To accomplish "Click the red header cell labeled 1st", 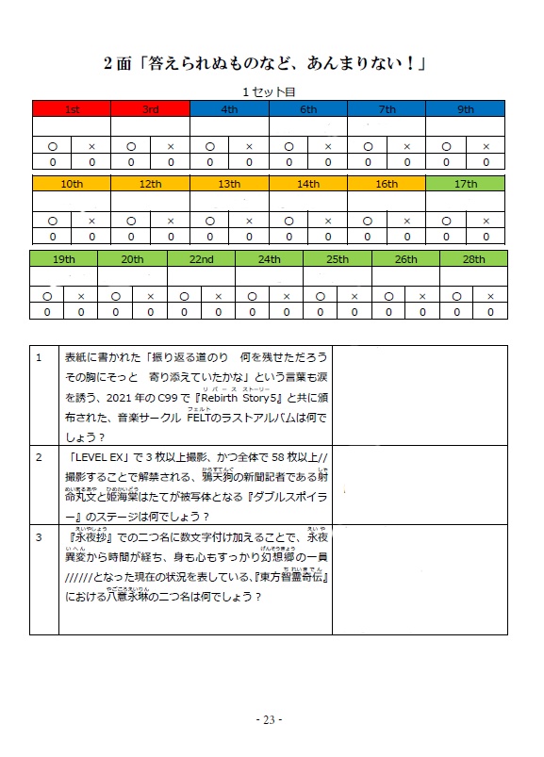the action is tap(72, 109).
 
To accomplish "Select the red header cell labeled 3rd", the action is tap(150, 109).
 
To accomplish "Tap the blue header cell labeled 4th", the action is tap(229, 109).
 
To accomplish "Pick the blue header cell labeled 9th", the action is tap(466, 109).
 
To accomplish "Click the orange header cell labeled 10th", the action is tap(72, 185).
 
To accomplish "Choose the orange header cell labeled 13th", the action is tap(229, 185).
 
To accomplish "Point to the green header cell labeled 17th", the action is tap(466, 185).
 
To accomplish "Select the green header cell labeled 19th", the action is tap(64, 259).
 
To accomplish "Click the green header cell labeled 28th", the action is tap(473, 259).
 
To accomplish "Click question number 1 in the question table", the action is tap(39, 358).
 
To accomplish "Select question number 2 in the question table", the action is tap(39, 457).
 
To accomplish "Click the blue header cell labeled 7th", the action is tap(387, 109).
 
